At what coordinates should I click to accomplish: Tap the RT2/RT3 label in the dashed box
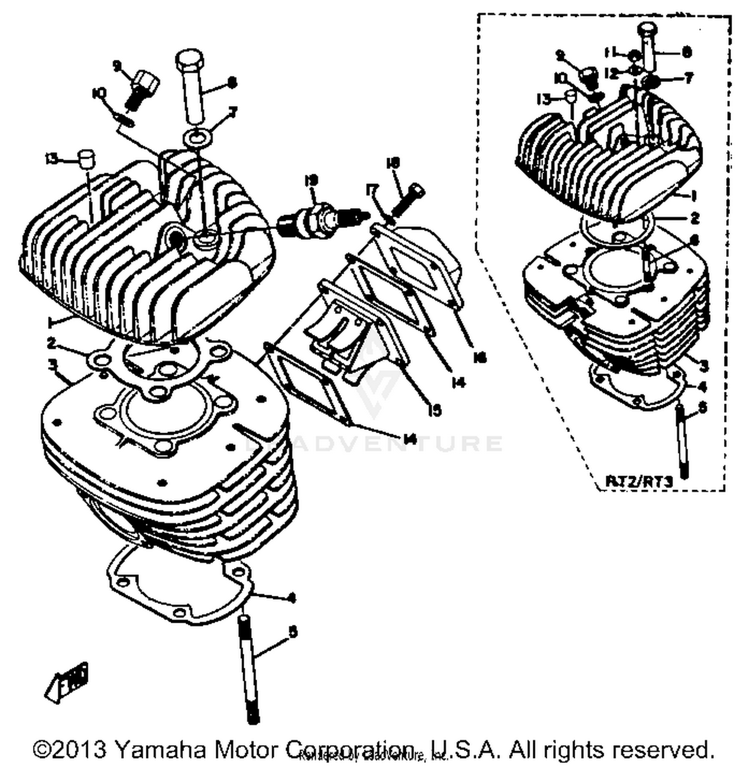click(639, 481)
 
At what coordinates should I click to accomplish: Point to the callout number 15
click(435, 410)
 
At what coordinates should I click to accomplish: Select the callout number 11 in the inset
click(611, 52)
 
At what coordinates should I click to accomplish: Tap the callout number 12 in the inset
click(611, 73)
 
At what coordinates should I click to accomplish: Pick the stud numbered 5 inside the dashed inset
click(682, 439)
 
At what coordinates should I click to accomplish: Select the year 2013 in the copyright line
click(82, 749)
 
